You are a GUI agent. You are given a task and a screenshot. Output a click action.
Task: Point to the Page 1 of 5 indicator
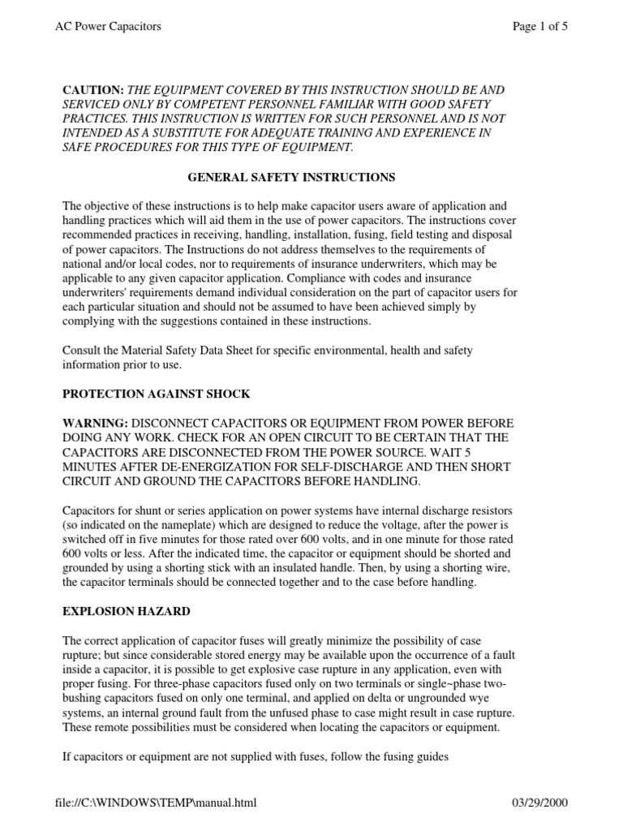[x=539, y=27]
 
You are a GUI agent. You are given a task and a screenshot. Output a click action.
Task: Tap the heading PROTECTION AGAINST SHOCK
[x=157, y=394]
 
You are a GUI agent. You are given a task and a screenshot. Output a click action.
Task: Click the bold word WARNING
[x=95, y=424]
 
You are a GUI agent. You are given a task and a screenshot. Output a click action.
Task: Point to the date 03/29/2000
[x=540, y=803]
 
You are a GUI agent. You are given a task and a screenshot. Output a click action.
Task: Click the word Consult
[x=84, y=350]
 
